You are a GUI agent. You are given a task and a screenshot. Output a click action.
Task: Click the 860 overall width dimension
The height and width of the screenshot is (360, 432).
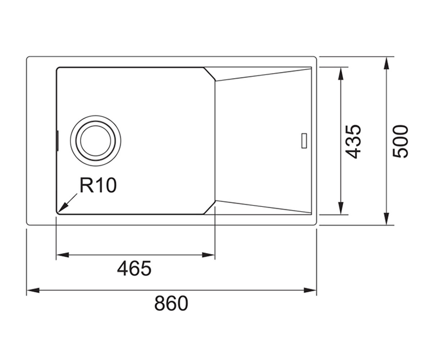171,303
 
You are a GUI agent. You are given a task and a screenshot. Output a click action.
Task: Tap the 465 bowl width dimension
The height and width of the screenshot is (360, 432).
134,269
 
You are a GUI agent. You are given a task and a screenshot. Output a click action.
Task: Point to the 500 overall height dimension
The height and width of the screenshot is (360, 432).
401,142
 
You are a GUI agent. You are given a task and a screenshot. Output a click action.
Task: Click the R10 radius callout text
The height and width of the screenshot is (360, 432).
98,185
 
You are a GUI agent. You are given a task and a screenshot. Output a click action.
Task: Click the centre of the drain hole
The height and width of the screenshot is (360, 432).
96,141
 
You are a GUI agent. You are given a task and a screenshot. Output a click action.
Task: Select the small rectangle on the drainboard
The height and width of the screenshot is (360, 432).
304,141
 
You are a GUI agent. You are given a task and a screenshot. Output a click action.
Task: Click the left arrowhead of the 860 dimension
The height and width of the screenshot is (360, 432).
33,290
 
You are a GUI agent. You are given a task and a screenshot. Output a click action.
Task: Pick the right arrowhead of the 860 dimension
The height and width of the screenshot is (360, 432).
310,290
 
